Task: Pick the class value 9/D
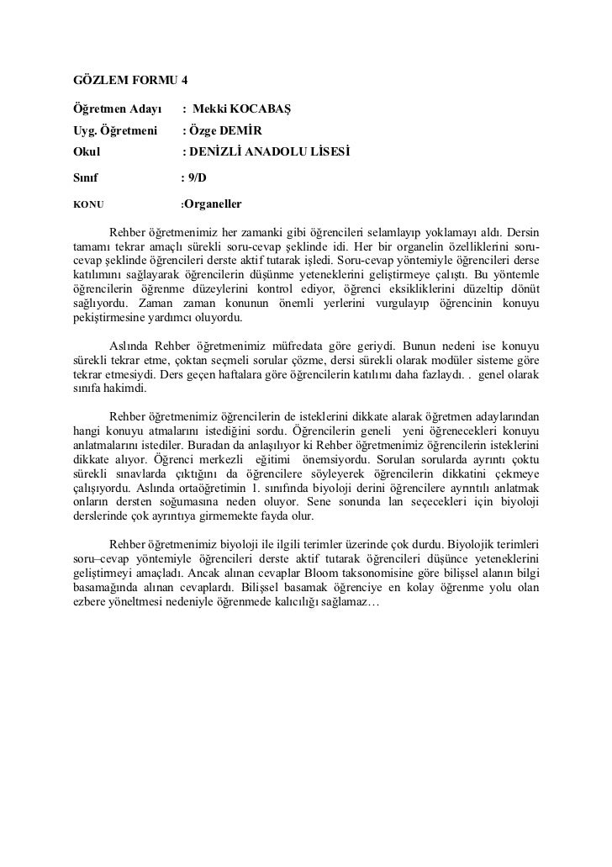coord(199,178)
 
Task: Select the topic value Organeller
coord(213,204)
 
